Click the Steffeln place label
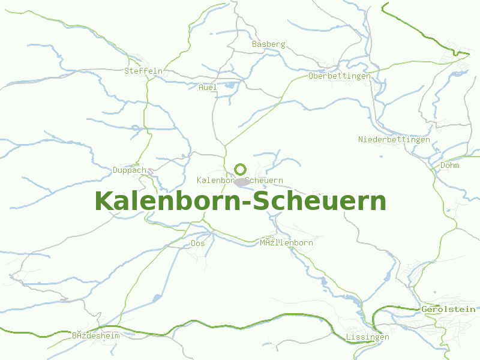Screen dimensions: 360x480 (143, 71)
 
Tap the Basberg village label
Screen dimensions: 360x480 (268, 44)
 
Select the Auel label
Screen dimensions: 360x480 (208, 88)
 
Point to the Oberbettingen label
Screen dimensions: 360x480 (339, 76)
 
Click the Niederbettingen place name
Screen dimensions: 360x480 (394, 140)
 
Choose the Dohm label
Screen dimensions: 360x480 (450, 165)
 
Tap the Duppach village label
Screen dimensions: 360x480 (130, 170)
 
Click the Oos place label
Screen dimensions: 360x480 (197, 244)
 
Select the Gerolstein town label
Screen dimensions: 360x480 (448, 309)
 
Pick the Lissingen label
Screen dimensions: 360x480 (367, 337)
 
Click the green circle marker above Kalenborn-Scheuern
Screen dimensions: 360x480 (241, 169)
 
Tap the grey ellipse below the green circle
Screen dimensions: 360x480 (242, 182)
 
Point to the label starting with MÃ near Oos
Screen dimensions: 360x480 (286, 243)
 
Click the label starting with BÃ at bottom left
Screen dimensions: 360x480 (96, 336)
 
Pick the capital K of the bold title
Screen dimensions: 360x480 (104, 201)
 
